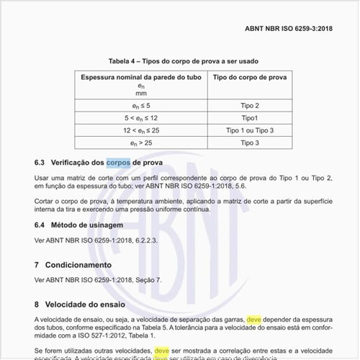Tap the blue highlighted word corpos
pyautogui.click(x=119, y=163)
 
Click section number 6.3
pyautogui.click(x=40, y=163)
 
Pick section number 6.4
pyautogui.click(x=40, y=225)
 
